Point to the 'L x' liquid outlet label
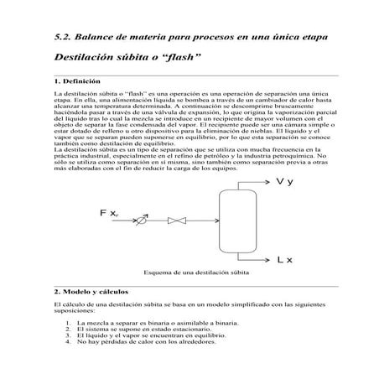pos(284,261)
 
